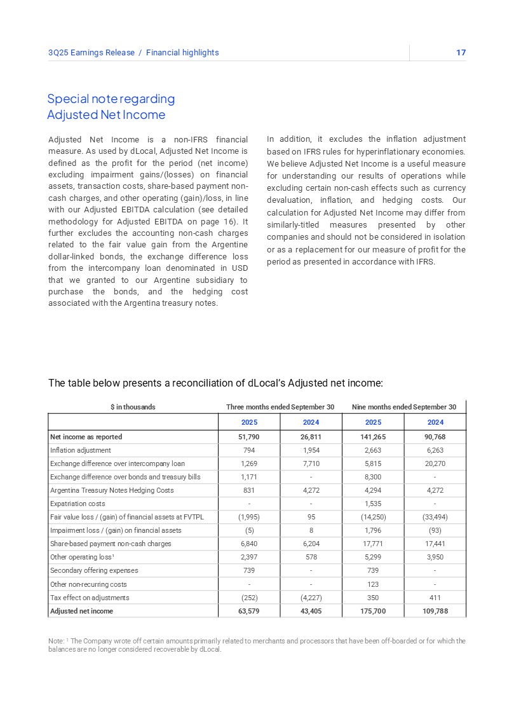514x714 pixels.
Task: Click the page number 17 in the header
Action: coord(461,53)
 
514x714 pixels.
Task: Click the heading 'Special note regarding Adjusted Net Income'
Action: coord(111,107)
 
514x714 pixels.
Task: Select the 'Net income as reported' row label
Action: coord(86,437)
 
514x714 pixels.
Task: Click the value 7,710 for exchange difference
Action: coord(311,463)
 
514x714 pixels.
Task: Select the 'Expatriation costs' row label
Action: coord(78,504)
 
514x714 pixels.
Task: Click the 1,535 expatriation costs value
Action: coord(373,504)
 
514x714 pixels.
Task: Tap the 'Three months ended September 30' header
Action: coord(280,407)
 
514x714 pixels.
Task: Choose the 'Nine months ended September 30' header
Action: coord(403,407)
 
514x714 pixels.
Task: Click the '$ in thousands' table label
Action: coord(133,407)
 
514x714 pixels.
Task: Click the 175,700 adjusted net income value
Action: coord(373,611)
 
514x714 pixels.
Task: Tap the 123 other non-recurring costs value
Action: coord(373,584)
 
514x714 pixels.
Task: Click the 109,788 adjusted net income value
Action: coord(435,611)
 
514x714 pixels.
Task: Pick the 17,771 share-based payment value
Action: coord(373,544)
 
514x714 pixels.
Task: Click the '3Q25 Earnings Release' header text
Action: coord(91,53)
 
